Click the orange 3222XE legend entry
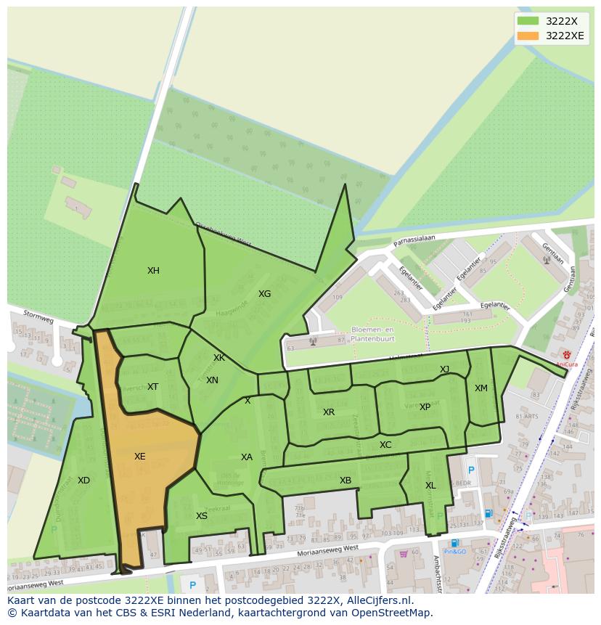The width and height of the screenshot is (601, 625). pos(551,36)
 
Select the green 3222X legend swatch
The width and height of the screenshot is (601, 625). pos(528,21)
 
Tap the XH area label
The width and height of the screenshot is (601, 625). pos(153,271)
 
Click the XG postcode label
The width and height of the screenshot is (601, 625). pos(264,294)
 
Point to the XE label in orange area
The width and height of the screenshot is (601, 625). pos(140,457)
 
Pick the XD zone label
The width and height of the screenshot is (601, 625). pos(83,481)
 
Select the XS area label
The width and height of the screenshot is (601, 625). pos(202,516)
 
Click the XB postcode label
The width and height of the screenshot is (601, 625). pos(346,481)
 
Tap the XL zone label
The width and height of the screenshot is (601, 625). pos(430,486)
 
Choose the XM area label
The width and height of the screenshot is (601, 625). pos(481,388)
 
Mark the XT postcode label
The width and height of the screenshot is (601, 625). pos(152,387)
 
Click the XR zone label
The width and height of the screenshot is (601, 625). pos(329,412)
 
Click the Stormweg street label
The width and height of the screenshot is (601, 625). pos(38,317)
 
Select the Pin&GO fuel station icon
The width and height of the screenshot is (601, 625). pos(454,543)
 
